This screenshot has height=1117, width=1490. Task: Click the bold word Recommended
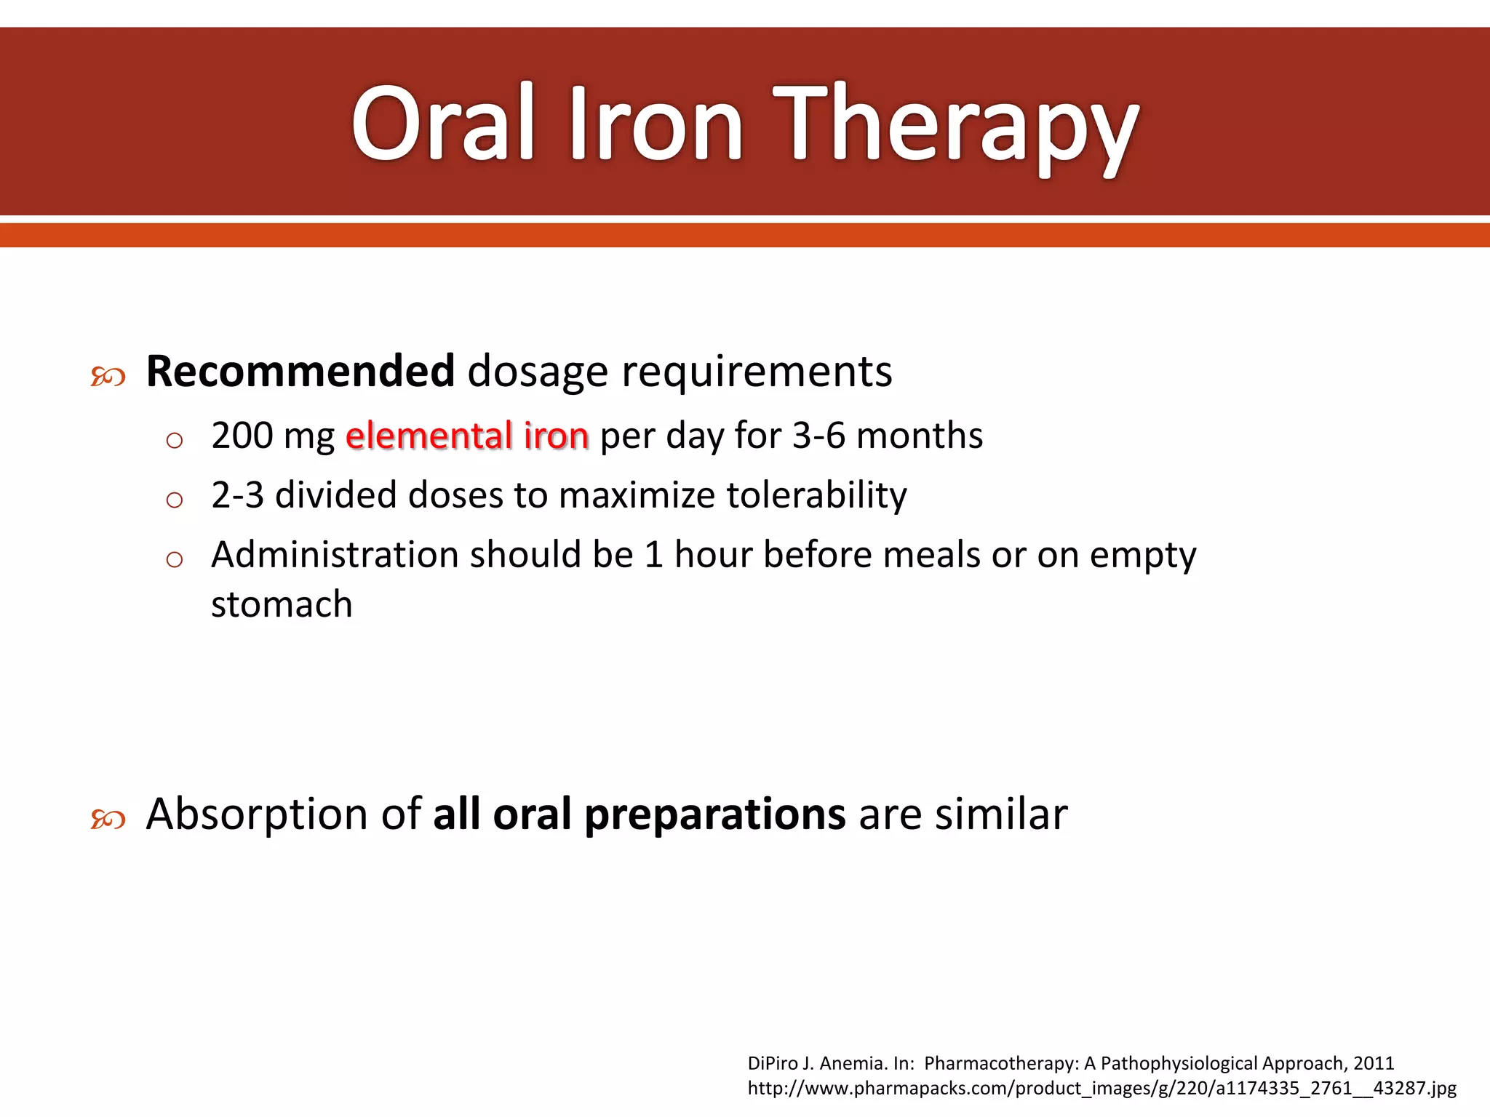(x=300, y=372)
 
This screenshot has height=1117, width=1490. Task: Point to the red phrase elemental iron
(x=467, y=436)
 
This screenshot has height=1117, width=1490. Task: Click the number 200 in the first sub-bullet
(x=242, y=436)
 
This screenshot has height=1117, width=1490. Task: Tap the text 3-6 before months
(x=818, y=436)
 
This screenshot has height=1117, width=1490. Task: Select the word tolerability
(x=816, y=495)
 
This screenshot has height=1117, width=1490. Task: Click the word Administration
(x=335, y=555)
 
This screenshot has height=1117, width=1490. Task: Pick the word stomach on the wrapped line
(x=282, y=604)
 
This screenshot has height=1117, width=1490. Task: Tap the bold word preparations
(x=714, y=814)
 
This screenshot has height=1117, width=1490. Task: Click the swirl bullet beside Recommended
(x=108, y=377)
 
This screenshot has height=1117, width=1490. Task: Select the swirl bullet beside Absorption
(x=108, y=820)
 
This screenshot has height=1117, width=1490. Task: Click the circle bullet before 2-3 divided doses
(x=174, y=500)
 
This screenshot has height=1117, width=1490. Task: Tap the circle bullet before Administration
(x=174, y=559)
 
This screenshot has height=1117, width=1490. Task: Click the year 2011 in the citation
(x=1374, y=1063)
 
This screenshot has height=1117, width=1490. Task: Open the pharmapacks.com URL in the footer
(x=1101, y=1088)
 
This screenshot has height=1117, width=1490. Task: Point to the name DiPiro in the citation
(x=773, y=1063)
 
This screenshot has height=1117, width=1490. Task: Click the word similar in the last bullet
(x=1001, y=814)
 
